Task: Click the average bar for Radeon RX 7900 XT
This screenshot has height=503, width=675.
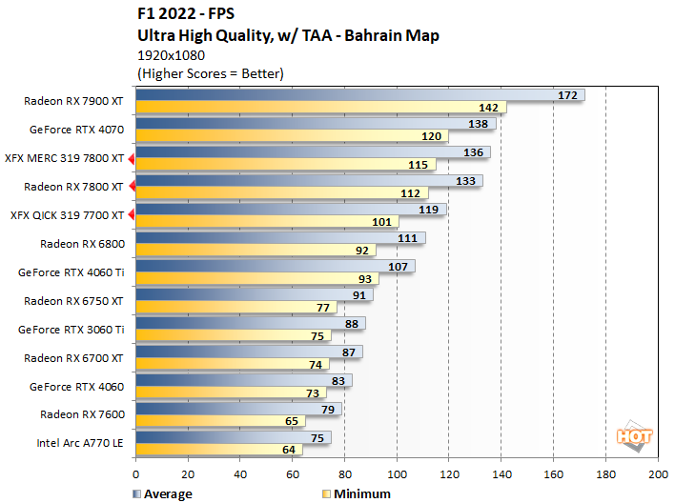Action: tap(359, 95)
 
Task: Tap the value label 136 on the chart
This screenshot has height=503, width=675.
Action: tap(472, 152)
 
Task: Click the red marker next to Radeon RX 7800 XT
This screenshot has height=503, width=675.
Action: tap(133, 187)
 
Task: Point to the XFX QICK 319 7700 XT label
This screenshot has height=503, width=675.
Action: tap(67, 215)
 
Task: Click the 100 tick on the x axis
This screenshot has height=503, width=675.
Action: tap(397, 473)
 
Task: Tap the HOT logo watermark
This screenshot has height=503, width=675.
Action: tap(635, 437)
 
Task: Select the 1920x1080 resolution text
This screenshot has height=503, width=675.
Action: tap(172, 54)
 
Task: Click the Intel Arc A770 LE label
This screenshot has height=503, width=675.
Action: tap(82, 442)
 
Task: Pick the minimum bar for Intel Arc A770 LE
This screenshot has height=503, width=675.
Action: tap(219, 450)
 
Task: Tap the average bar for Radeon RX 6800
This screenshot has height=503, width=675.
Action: tap(280, 238)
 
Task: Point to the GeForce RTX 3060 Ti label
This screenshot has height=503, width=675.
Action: tap(72, 329)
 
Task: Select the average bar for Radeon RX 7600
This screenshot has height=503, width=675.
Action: tap(238, 409)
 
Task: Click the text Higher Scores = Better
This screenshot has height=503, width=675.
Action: tap(211, 72)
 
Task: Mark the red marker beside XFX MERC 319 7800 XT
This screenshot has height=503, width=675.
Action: tap(133, 158)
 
